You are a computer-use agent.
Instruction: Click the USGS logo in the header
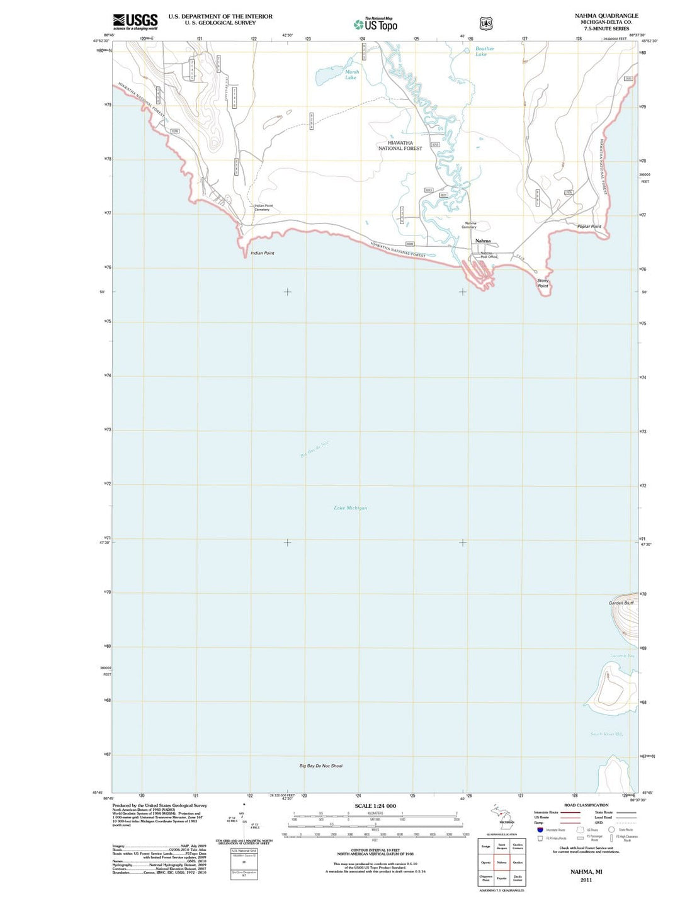tap(135, 21)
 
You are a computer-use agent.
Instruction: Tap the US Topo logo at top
tap(376, 25)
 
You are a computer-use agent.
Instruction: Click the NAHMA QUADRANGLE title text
tap(606, 16)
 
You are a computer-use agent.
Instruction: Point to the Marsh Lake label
tap(351, 75)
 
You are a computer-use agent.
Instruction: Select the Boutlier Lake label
tap(484, 52)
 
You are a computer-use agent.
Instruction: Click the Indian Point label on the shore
tap(263, 253)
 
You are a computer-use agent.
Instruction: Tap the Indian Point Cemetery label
tap(263, 208)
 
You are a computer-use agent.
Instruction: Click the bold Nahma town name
tap(483, 241)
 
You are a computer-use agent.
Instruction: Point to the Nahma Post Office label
tap(489, 255)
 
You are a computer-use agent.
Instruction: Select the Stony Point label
tap(543, 283)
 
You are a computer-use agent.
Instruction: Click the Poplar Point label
tap(589, 227)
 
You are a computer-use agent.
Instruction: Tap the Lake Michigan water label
tap(351, 508)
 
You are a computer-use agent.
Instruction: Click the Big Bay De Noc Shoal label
tap(321, 766)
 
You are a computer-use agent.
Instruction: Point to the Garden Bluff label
tap(621, 603)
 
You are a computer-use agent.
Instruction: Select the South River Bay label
tap(607, 734)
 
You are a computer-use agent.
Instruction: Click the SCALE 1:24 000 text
tap(375, 806)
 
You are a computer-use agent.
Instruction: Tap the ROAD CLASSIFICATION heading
tap(586, 805)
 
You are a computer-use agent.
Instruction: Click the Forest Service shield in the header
tap(486, 24)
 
